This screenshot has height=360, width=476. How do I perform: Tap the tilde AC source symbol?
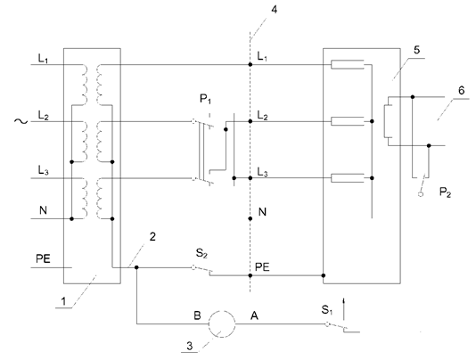[21, 121]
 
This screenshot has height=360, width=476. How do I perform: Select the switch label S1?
[327, 309]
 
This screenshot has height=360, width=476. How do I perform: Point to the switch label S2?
[201, 253]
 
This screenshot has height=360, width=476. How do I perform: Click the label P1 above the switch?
[206, 99]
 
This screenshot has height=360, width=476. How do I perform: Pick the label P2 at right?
[446, 192]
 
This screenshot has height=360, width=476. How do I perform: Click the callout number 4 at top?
[275, 10]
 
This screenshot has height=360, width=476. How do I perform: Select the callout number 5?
[417, 50]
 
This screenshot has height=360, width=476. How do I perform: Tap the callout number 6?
[462, 91]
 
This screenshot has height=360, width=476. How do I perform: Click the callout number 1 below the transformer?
[63, 301]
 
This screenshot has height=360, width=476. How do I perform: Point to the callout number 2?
[152, 236]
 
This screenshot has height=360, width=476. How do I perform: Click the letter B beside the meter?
[197, 315]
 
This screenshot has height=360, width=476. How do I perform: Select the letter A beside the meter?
[254, 315]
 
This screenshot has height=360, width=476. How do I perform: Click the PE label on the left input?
[43, 258]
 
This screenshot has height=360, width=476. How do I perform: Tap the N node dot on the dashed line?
[250, 218]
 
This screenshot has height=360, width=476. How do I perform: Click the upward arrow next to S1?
[344, 309]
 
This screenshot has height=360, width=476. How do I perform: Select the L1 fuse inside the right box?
[348, 64]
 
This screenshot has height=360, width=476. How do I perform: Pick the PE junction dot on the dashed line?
[250, 275]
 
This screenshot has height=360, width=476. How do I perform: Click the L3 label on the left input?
[43, 170]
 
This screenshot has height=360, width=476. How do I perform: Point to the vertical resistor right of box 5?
[388, 121]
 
